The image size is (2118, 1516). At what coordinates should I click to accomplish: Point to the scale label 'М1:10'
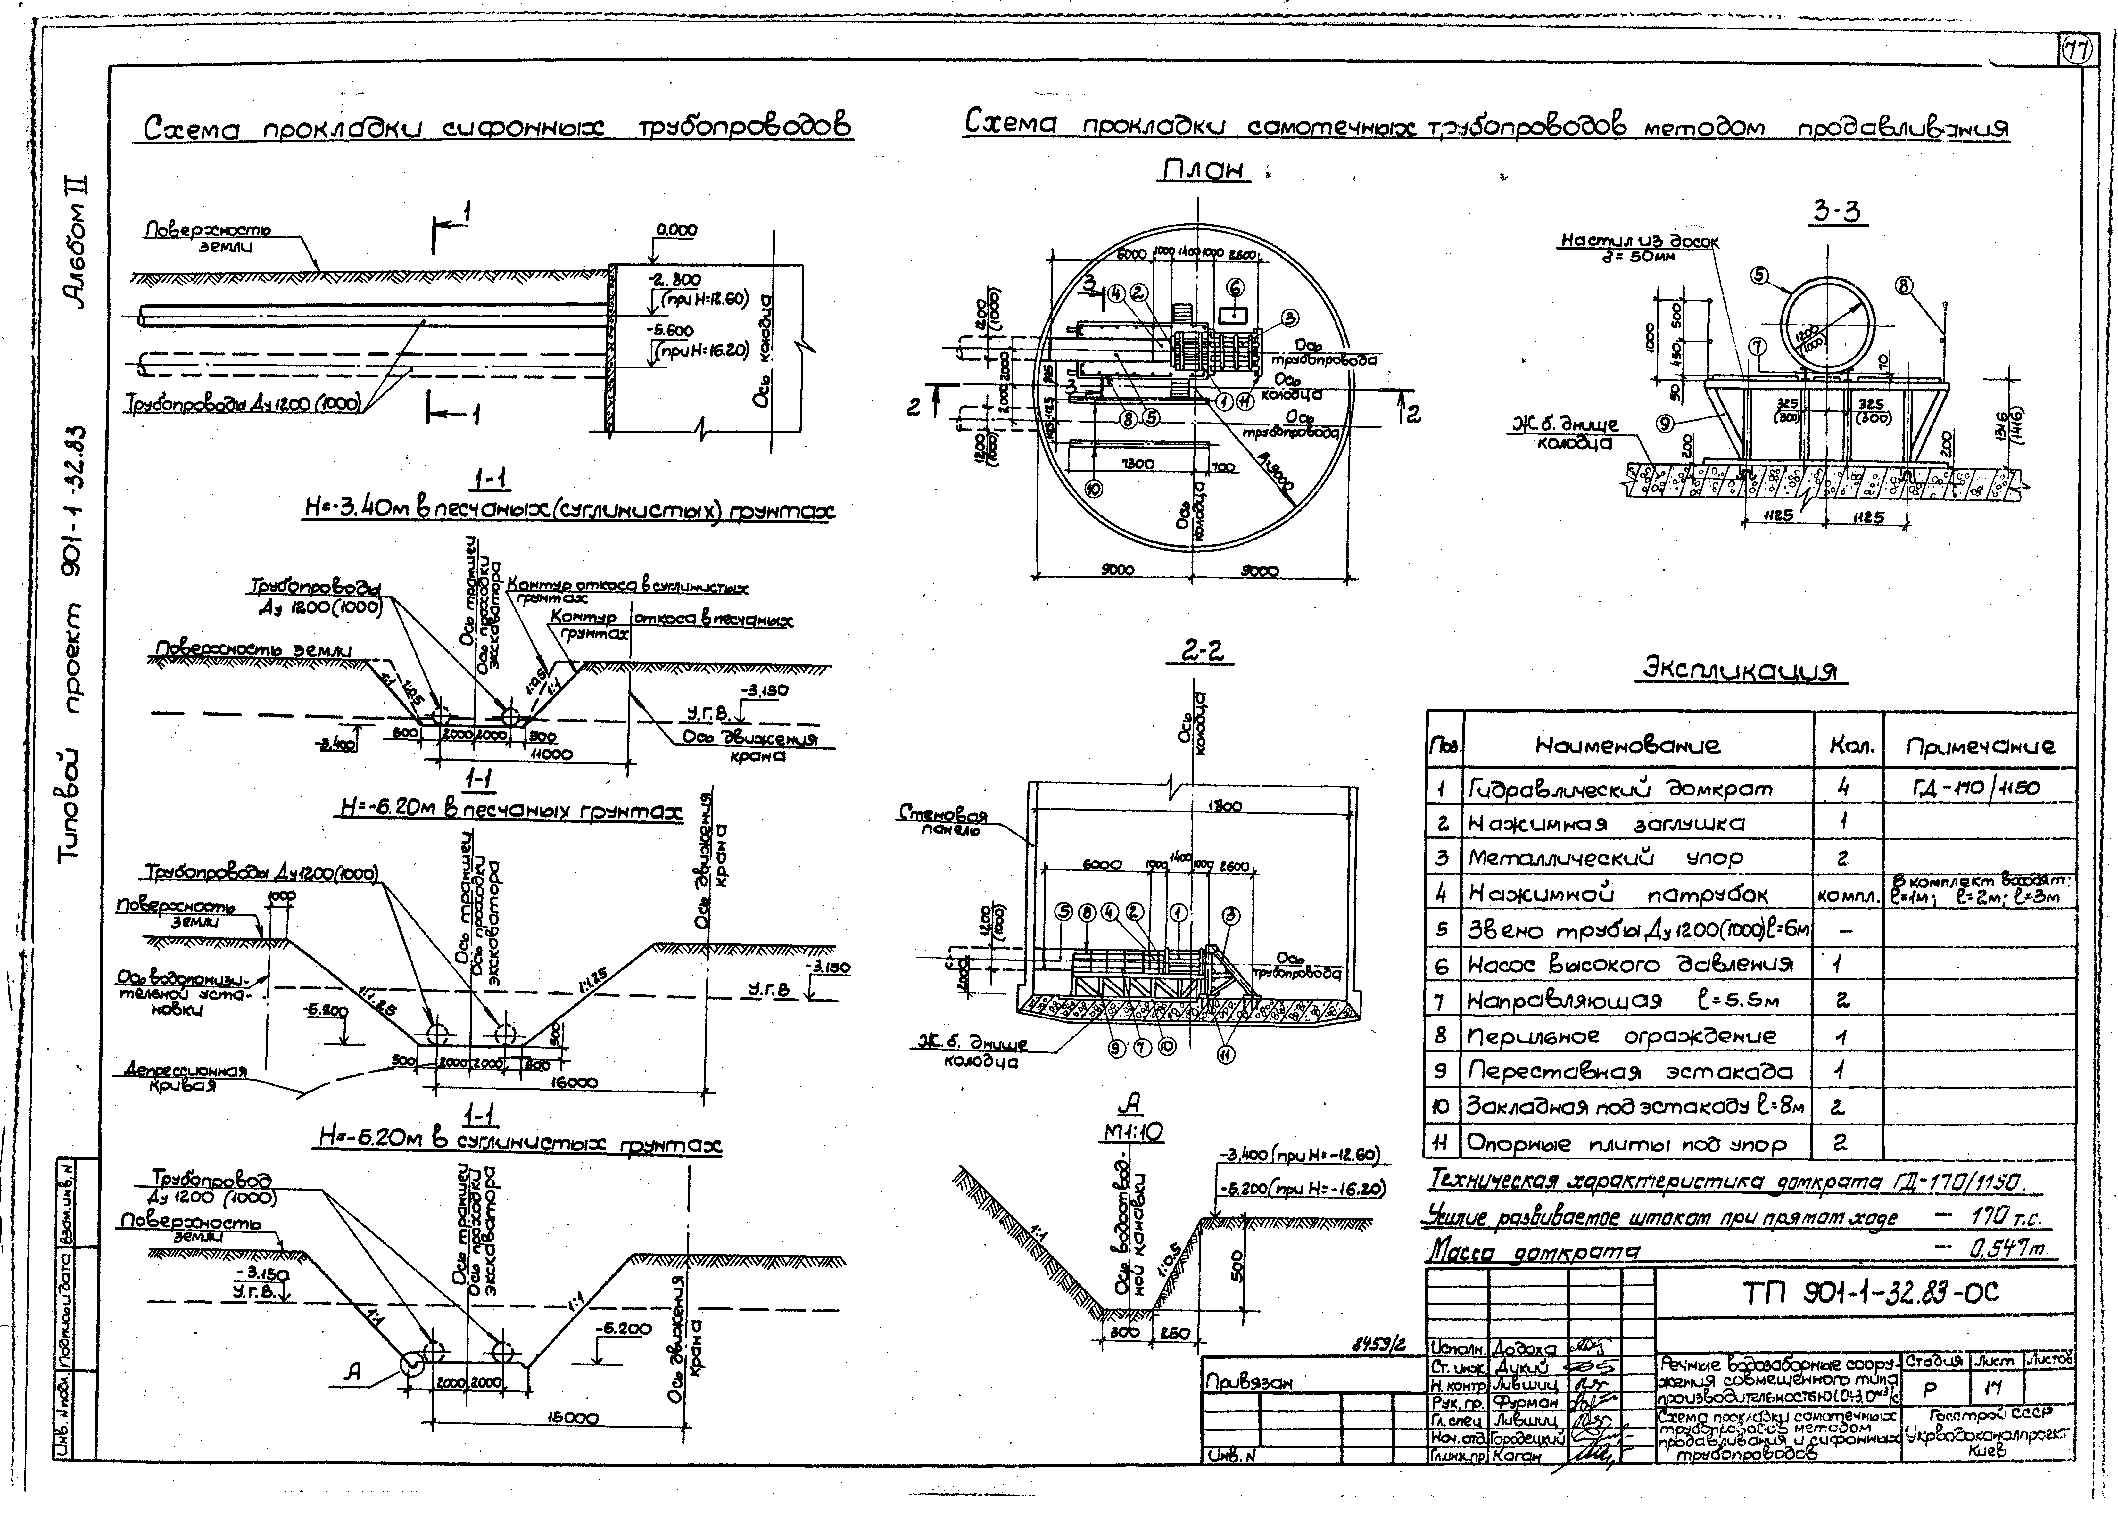tap(1129, 1132)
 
